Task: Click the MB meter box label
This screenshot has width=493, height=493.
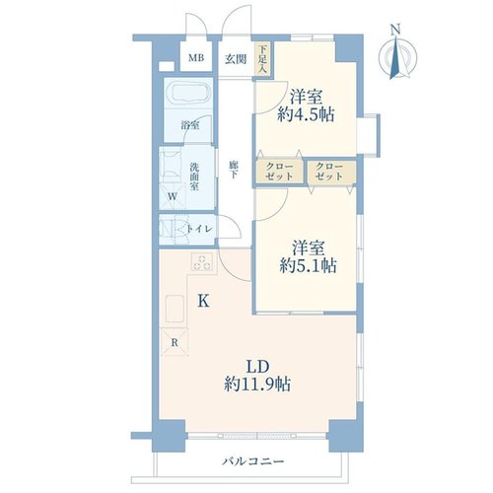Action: [x=196, y=58]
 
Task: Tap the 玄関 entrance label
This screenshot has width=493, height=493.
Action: [x=236, y=59]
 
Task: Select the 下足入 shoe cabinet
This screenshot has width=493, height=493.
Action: [x=262, y=59]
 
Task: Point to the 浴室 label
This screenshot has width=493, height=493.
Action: [x=190, y=125]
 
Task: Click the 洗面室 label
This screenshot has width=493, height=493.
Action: [x=194, y=176]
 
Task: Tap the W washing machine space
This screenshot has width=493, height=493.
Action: [x=173, y=196]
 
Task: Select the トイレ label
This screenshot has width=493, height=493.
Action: [x=199, y=229]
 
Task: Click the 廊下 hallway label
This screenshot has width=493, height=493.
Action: [x=234, y=170]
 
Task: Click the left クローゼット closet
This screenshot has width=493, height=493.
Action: [x=279, y=172]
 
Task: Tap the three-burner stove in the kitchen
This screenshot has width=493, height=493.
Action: [x=202, y=262]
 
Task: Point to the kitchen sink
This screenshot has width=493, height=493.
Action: [x=175, y=309]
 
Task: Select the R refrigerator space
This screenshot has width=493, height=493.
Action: [x=175, y=343]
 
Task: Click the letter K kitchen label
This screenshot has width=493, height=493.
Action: [x=204, y=301]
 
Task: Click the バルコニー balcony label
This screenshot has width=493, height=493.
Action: [x=252, y=461]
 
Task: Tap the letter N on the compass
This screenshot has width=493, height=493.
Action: [x=395, y=30]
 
